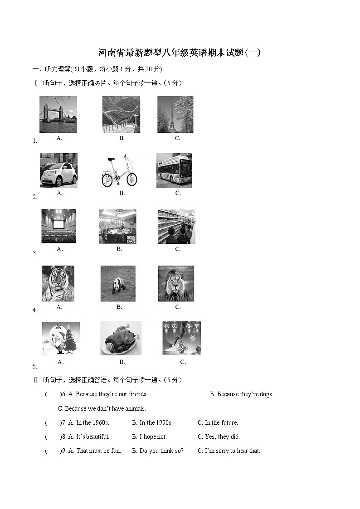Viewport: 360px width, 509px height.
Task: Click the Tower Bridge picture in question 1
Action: click(x=58, y=114)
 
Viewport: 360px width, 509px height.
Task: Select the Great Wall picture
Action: click(x=121, y=114)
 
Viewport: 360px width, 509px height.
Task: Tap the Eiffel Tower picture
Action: click(x=175, y=114)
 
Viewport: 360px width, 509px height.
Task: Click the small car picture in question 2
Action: click(x=58, y=170)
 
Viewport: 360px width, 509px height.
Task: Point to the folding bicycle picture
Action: click(x=119, y=171)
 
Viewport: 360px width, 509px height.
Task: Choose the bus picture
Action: click(x=174, y=170)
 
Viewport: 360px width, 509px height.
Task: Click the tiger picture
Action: click(x=58, y=283)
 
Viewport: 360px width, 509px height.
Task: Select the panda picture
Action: click(x=118, y=284)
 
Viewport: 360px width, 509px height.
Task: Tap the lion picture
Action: click(x=176, y=284)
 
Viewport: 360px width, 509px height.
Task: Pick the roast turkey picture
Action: click(x=121, y=339)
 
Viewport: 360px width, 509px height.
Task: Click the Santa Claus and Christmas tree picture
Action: click(x=61, y=339)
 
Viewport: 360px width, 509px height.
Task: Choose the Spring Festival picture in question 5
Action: click(x=181, y=338)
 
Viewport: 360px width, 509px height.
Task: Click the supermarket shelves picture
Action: click(x=176, y=227)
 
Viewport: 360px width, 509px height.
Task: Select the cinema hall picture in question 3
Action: click(x=59, y=226)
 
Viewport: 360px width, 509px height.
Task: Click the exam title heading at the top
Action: click(x=180, y=53)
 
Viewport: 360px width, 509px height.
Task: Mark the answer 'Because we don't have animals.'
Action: click(x=102, y=408)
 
